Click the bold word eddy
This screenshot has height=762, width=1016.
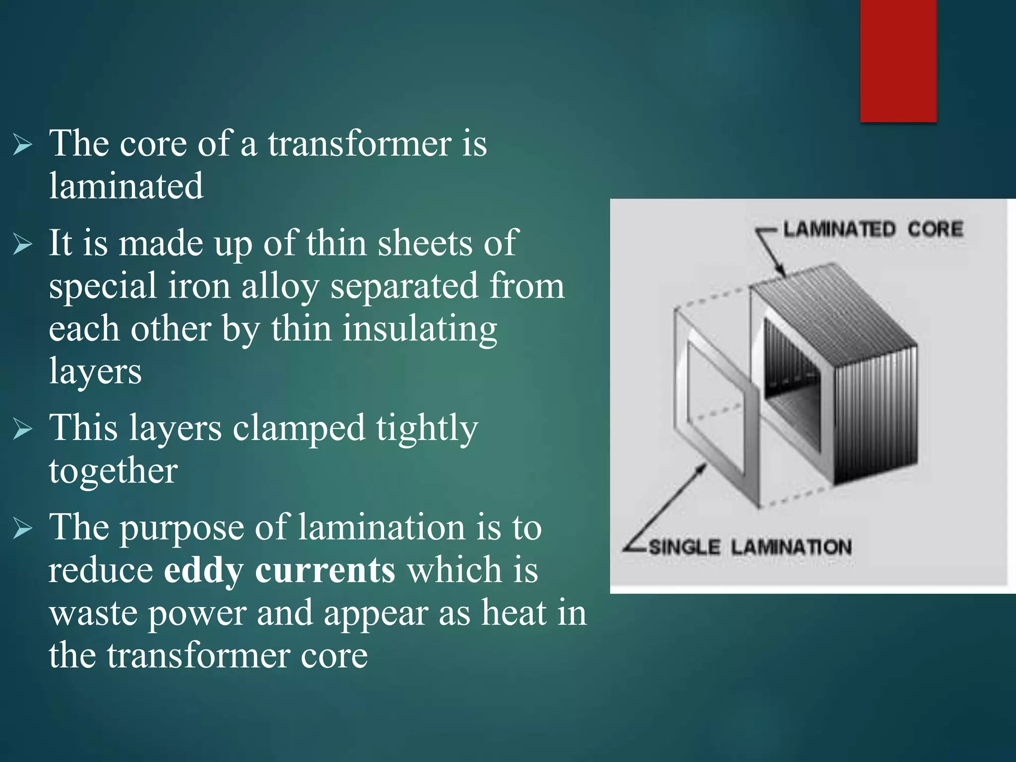point(203,571)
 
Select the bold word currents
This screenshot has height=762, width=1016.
point(325,571)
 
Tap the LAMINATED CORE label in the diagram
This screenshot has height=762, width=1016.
point(873,229)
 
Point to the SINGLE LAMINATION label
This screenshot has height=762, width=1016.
point(750,547)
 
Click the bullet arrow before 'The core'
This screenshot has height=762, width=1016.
point(23,145)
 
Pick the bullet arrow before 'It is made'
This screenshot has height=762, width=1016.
point(23,245)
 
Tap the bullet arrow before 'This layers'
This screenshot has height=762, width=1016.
point(23,429)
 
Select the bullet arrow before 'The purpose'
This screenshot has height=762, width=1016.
point(23,528)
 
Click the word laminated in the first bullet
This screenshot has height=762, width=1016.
point(126,186)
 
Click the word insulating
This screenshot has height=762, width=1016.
point(420,329)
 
